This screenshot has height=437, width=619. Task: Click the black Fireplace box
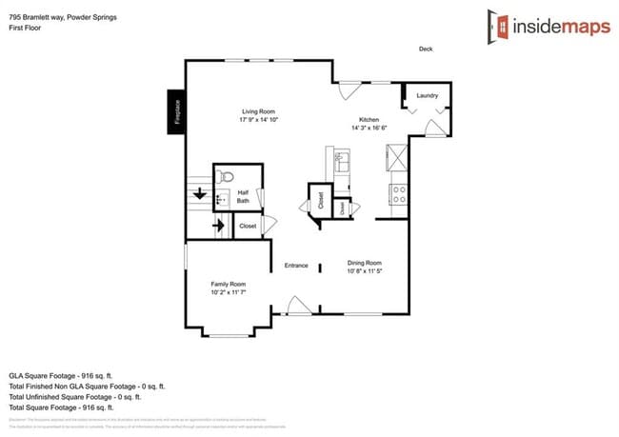176,112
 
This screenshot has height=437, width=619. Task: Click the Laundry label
427,95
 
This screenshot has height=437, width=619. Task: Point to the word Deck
426,49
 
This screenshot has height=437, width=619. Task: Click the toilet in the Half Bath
225,177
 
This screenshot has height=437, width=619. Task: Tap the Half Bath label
243,196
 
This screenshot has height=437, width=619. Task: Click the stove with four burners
400,194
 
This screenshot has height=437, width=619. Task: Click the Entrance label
295,265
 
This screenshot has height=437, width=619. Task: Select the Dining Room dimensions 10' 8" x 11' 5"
364,271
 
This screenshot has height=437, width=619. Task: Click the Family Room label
229,284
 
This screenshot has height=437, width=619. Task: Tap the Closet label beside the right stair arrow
248,226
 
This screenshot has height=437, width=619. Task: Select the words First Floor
27,29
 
